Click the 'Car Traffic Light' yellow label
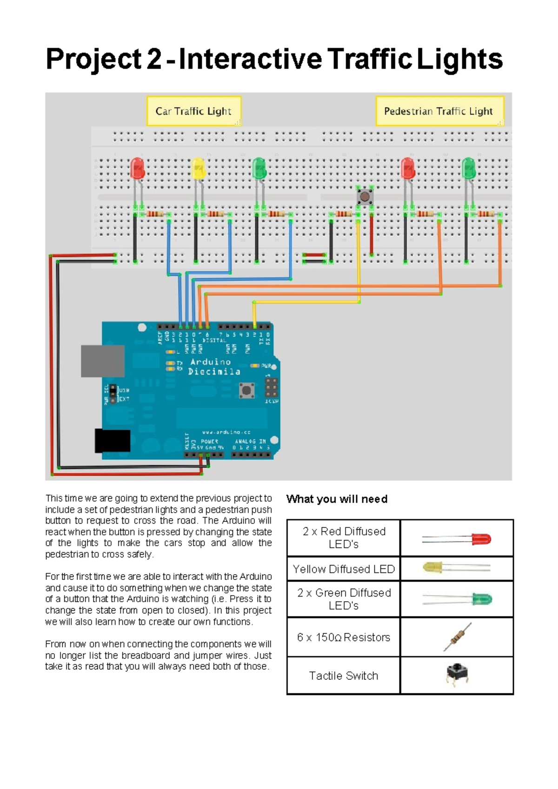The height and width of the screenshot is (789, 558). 193,111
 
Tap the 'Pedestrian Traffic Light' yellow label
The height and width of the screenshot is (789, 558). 438,111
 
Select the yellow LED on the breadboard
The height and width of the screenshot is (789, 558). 198,169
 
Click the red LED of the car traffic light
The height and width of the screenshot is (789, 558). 138,169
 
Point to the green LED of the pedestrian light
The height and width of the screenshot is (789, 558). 469,169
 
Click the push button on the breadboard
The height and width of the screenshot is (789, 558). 365,197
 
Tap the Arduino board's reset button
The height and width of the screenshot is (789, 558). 246,390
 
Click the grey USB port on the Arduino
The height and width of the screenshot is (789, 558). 103,361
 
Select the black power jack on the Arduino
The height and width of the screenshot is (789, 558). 113,441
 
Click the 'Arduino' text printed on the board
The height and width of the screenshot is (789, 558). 211,362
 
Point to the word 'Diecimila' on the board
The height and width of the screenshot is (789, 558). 214,371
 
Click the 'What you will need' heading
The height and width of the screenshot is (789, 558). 337,499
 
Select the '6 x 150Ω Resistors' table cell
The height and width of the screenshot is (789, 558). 344,638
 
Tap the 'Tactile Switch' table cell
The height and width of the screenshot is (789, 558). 344,676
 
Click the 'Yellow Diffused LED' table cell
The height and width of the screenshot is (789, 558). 344,569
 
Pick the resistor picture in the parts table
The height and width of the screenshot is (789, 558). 457,637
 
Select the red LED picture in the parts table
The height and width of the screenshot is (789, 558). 457,539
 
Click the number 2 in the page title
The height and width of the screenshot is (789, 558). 154,59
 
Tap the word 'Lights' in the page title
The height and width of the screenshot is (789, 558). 459,59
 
